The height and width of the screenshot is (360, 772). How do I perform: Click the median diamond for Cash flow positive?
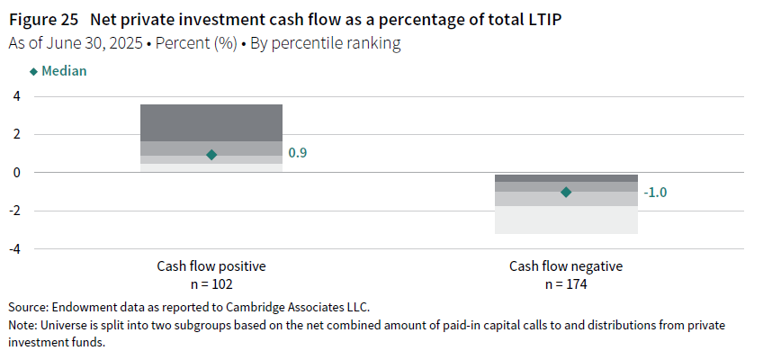[x=211, y=155]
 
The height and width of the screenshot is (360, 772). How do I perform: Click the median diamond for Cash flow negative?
[x=566, y=192]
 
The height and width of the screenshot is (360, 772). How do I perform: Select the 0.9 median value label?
[x=298, y=155]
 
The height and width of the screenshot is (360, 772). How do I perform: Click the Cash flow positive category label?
[x=211, y=266]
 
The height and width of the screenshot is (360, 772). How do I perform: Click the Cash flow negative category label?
[x=566, y=266]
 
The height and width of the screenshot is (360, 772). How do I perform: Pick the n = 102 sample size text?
[x=211, y=284]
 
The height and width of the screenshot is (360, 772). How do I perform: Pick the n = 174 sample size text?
[x=566, y=284]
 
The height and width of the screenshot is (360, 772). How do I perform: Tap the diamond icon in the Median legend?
[x=34, y=71]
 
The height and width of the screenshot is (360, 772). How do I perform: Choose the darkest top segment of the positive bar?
[x=211, y=122]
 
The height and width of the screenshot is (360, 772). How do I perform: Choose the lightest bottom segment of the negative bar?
[x=566, y=220]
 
